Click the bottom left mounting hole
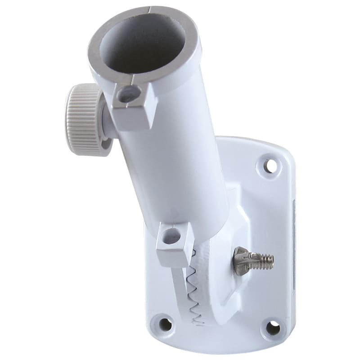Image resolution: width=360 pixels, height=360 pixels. coord(165,324)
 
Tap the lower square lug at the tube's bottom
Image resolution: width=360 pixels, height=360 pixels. coord(173,245)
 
